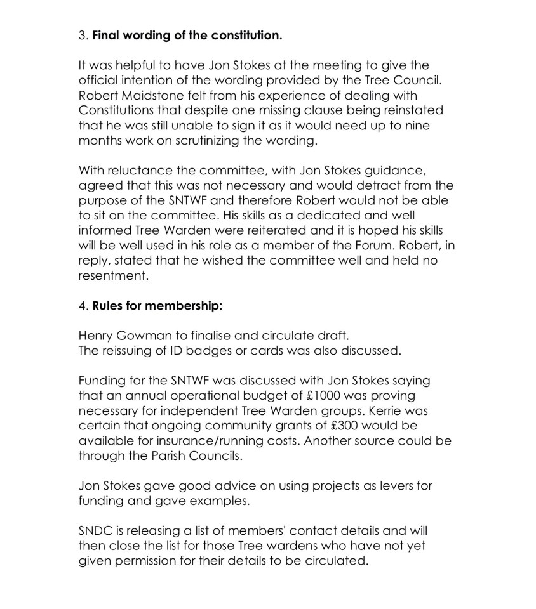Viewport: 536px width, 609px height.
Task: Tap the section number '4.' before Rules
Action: click(84, 306)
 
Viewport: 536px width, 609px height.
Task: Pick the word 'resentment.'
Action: click(113, 276)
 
